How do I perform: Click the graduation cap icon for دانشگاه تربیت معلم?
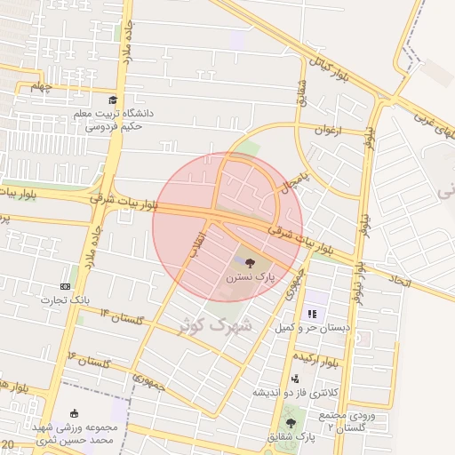(113, 100)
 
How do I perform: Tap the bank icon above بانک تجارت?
(65, 286)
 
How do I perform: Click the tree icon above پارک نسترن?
(250, 262)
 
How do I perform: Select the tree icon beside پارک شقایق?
(291, 423)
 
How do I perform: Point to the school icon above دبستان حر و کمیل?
(312, 314)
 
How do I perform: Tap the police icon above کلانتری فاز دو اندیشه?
(295, 379)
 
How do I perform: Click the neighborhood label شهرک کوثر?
(216, 326)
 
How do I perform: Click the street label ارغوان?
(327, 130)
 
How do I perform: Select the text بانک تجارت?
(65, 301)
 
